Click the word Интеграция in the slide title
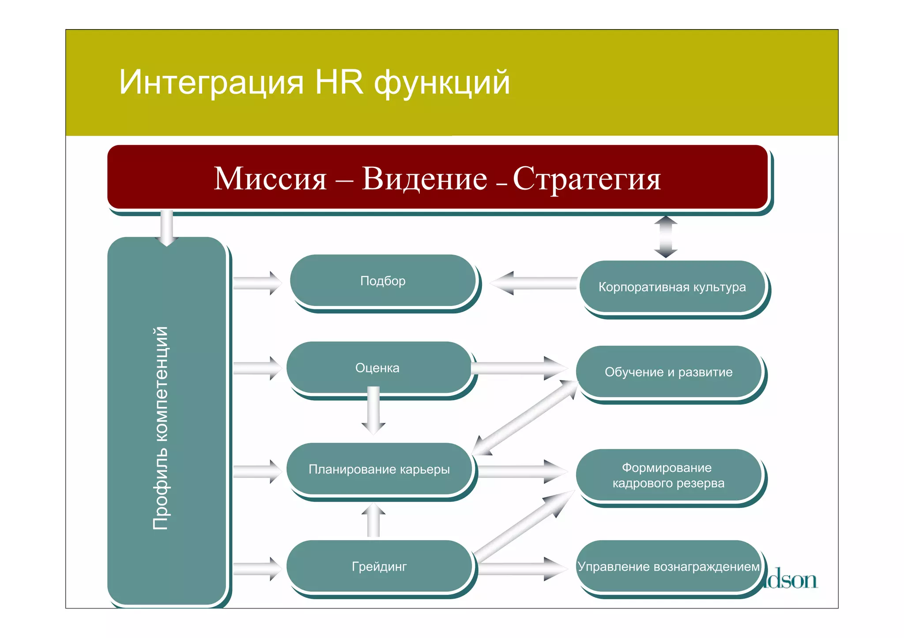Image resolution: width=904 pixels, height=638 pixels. tap(211, 82)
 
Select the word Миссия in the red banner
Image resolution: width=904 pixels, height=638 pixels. tap(270, 179)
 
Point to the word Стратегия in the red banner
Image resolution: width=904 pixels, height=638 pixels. tap(587, 179)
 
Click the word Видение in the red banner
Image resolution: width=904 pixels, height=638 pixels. tap(424, 179)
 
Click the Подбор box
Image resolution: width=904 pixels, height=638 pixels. tap(382, 281)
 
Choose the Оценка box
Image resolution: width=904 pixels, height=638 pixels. tap(377, 368)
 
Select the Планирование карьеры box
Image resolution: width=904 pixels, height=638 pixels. tap(379, 469)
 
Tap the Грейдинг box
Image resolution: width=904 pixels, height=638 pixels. tap(379, 566)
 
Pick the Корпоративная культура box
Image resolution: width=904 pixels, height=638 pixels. tap(672, 287)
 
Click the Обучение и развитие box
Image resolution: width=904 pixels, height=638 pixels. tap(668, 372)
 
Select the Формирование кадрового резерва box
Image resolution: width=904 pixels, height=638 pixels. tap(668, 475)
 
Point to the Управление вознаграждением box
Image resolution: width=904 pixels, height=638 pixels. tap(668, 566)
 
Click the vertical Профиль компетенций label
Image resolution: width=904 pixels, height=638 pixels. tap(161, 428)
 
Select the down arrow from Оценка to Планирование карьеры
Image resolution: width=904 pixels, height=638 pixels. tap(373, 410)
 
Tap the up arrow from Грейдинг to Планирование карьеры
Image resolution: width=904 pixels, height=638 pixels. tap(373, 521)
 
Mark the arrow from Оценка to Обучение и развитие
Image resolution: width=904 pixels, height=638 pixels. tap(519, 368)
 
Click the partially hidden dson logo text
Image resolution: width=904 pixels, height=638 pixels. tap(793, 580)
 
